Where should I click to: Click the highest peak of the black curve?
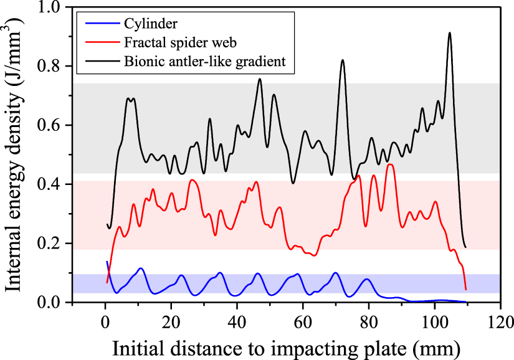point(449,33)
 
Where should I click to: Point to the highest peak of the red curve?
point(390,164)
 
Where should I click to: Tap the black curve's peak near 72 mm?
point(342,60)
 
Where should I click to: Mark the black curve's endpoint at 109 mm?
point(465,247)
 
